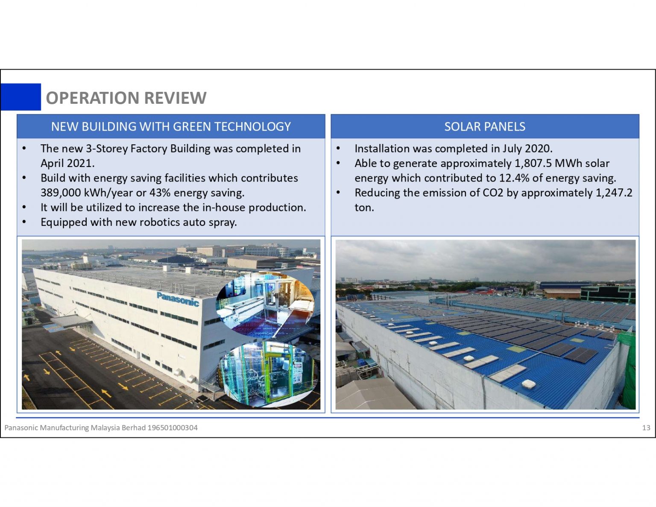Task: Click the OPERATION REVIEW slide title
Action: [126, 98]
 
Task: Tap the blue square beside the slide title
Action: [21, 97]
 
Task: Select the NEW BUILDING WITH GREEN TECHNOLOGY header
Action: [171, 126]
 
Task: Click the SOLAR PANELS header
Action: [485, 126]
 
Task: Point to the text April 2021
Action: [67, 163]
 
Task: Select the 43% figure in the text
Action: [160, 193]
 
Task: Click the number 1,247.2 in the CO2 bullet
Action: [614, 193]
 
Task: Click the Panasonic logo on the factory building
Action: [178, 299]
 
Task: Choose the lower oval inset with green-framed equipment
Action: [268, 372]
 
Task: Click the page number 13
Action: [646, 428]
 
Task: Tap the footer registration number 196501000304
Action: [172, 428]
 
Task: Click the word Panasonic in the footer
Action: [21, 428]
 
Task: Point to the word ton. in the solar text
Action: [364, 208]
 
